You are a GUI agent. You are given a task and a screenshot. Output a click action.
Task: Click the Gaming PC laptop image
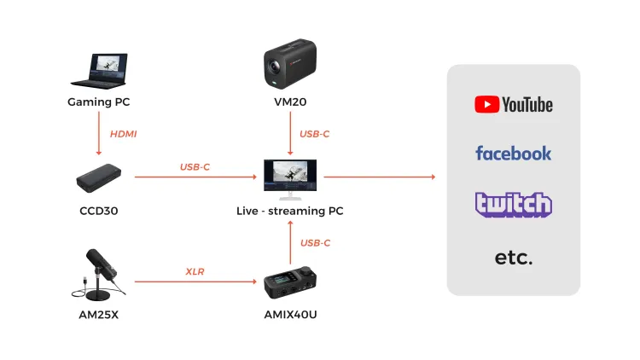[x=99, y=71]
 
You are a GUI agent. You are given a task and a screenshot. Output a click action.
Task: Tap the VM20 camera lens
[x=273, y=67]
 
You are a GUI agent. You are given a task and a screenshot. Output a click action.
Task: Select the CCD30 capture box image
[x=99, y=178]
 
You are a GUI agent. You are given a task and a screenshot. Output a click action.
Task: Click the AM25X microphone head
[x=102, y=264]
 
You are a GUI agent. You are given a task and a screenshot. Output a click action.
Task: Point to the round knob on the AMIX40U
[x=306, y=271]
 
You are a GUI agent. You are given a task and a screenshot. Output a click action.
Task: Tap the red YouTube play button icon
[x=486, y=104]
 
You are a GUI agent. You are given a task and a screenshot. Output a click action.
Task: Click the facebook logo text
[x=514, y=153]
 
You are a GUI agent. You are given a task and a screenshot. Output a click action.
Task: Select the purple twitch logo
[x=514, y=205]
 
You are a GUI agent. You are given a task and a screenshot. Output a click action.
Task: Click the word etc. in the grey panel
[x=514, y=257]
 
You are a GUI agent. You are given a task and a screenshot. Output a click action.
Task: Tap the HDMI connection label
[x=123, y=134]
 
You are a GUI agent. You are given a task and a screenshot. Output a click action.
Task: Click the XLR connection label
[x=195, y=271]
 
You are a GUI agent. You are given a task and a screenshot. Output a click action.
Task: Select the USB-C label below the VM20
[x=314, y=134]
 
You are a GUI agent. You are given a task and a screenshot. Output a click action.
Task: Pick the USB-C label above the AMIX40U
[x=315, y=243]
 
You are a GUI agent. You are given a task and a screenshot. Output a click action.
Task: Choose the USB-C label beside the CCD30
[x=195, y=167]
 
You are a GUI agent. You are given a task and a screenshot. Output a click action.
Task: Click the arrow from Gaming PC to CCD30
[x=99, y=133]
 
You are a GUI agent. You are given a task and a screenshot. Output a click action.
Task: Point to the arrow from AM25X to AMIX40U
[x=195, y=282]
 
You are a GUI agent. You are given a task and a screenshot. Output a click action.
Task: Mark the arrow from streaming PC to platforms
[x=380, y=177]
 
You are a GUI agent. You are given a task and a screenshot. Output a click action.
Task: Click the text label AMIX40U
[x=290, y=314]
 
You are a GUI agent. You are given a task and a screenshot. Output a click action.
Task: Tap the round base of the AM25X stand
[x=98, y=294]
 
